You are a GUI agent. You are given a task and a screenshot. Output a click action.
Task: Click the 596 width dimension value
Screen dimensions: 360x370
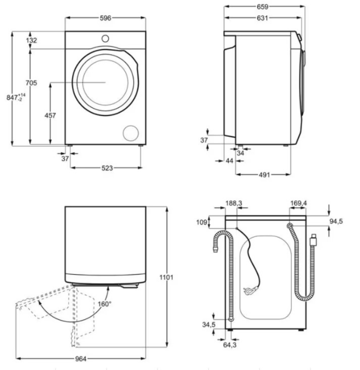tap(105, 18)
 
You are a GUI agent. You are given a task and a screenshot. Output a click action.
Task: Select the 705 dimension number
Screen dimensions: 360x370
tap(31, 83)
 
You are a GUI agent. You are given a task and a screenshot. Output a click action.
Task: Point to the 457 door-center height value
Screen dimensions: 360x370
tap(50, 115)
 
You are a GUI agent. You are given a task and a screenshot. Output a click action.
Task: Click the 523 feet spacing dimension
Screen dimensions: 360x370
tap(107, 168)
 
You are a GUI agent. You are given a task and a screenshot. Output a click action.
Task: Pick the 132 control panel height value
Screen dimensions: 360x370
tap(31, 40)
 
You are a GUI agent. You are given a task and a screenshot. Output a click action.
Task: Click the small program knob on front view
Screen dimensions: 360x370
tap(105, 39)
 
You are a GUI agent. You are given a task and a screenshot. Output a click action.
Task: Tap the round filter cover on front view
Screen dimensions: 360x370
tap(131, 133)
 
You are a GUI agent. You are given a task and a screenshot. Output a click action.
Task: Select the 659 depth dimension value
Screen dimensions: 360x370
tap(262, 7)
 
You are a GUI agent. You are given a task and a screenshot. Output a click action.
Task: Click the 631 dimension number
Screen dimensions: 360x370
tap(262, 18)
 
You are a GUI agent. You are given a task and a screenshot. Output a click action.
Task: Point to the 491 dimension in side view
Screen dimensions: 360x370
tap(264, 175)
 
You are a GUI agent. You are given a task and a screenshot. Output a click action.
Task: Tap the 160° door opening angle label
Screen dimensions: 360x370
tap(104, 304)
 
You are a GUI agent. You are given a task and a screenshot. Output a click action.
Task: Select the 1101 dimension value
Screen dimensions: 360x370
tap(166, 277)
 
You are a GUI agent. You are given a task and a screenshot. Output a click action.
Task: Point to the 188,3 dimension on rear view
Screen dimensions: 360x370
tap(234, 203)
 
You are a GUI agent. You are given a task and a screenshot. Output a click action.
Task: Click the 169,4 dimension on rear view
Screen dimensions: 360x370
tap(299, 203)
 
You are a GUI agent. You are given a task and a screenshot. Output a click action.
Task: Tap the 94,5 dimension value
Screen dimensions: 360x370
tap(336, 221)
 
